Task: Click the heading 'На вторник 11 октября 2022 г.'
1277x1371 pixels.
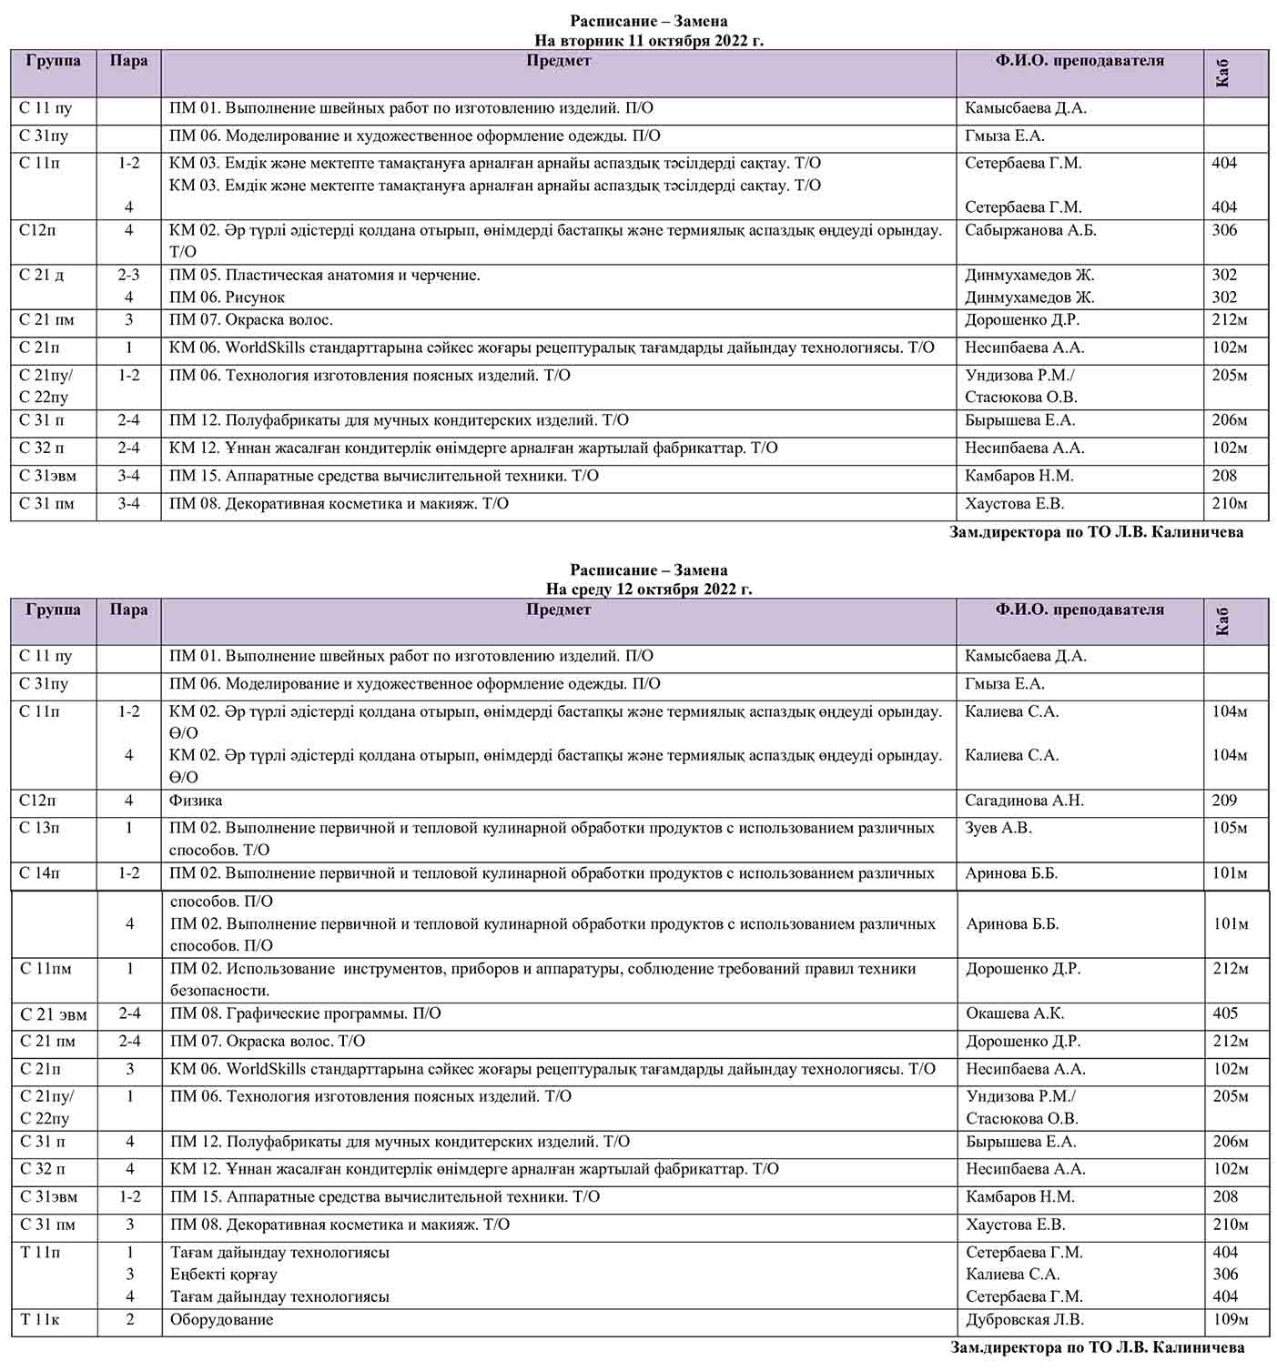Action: pyautogui.click(x=648, y=40)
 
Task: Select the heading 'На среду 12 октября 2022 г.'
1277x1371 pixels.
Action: pyautogui.click(x=648, y=589)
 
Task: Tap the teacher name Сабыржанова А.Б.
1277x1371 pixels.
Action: pyautogui.click(x=1030, y=230)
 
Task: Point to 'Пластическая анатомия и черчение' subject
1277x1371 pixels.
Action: pyautogui.click(x=325, y=275)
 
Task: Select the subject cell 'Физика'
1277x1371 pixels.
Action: pyautogui.click(x=196, y=801)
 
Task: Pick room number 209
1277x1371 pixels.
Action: pyautogui.click(x=1224, y=801)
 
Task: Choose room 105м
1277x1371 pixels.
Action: pyautogui.click(x=1230, y=828)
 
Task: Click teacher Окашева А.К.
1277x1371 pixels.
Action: pyautogui.click(x=1015, y=1013)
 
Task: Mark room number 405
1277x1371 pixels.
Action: pyautogui.click(x=1225, y=1013)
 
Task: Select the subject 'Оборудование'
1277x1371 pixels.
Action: pyautogui.click(x=221, y=1319)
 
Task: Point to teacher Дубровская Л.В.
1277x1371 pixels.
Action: pyautogui.click(x=1025, y=1319)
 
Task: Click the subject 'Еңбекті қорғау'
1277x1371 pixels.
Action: pyautogui.click(x=223, y=1275)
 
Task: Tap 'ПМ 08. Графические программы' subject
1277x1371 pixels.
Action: pyautogui.click(x=305, y=1013)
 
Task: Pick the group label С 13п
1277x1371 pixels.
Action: pyautogui.click(x=40, y=828)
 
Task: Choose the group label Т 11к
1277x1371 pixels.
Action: pyautogui.click(x=40, y=1319)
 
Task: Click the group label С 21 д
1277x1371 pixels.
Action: pyautogui.click(x=42, y=275)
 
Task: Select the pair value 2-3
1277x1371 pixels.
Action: pyautogui.click(x=128, y=275)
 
